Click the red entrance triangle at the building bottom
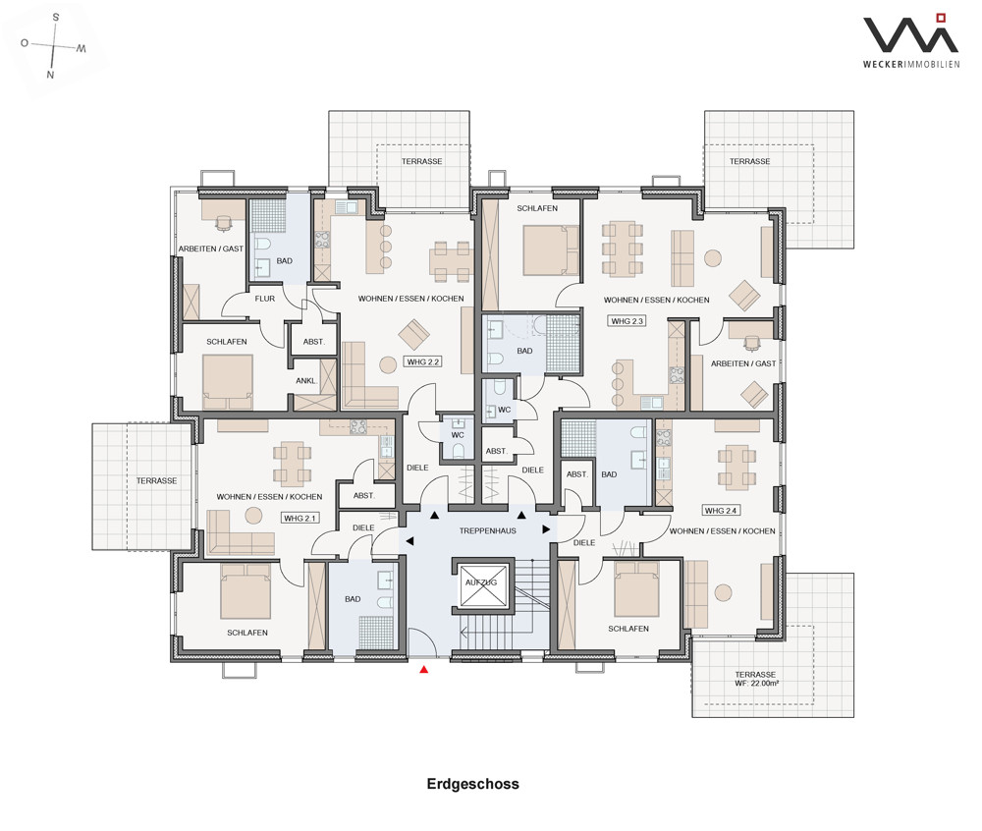[424, 670]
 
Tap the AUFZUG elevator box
[483, 585]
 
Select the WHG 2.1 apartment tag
[300, 518]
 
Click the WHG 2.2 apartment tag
[423, 361]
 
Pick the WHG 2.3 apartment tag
[627, 320]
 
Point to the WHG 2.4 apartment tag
[721, 511]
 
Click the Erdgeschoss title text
[473, 784]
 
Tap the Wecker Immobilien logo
[911, 40]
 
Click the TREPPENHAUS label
[488, 531]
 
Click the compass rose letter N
[51, 75]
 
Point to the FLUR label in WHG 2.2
[265, 299]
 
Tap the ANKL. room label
[306, 381]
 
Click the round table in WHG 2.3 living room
[713, 257]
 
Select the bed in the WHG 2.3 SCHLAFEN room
[551, 250]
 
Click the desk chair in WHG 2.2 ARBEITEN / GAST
[224, 222]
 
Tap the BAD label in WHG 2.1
[353, 599]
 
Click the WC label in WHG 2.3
[504, 411]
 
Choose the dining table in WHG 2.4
[736, 467]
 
